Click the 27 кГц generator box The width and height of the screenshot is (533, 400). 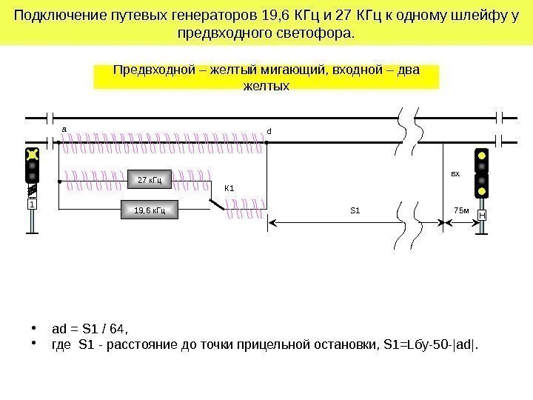coord(150,179)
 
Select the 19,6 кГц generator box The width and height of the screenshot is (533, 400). coord(150,210)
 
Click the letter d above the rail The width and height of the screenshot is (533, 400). coord(269,131)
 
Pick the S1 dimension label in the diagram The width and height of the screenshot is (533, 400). coord(354,210)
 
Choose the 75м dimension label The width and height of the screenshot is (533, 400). coord(460,210)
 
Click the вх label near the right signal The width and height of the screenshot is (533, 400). coord(455,175)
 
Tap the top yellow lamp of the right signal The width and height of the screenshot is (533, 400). coord(482,156)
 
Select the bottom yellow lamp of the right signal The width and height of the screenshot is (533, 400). coord(482,191)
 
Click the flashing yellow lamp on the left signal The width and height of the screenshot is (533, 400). coord(32,156)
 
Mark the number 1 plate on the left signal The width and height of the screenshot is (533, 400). coord(33,204)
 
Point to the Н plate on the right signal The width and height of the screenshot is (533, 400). coord(482,215)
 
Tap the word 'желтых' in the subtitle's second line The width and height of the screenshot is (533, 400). coord(266,86)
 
